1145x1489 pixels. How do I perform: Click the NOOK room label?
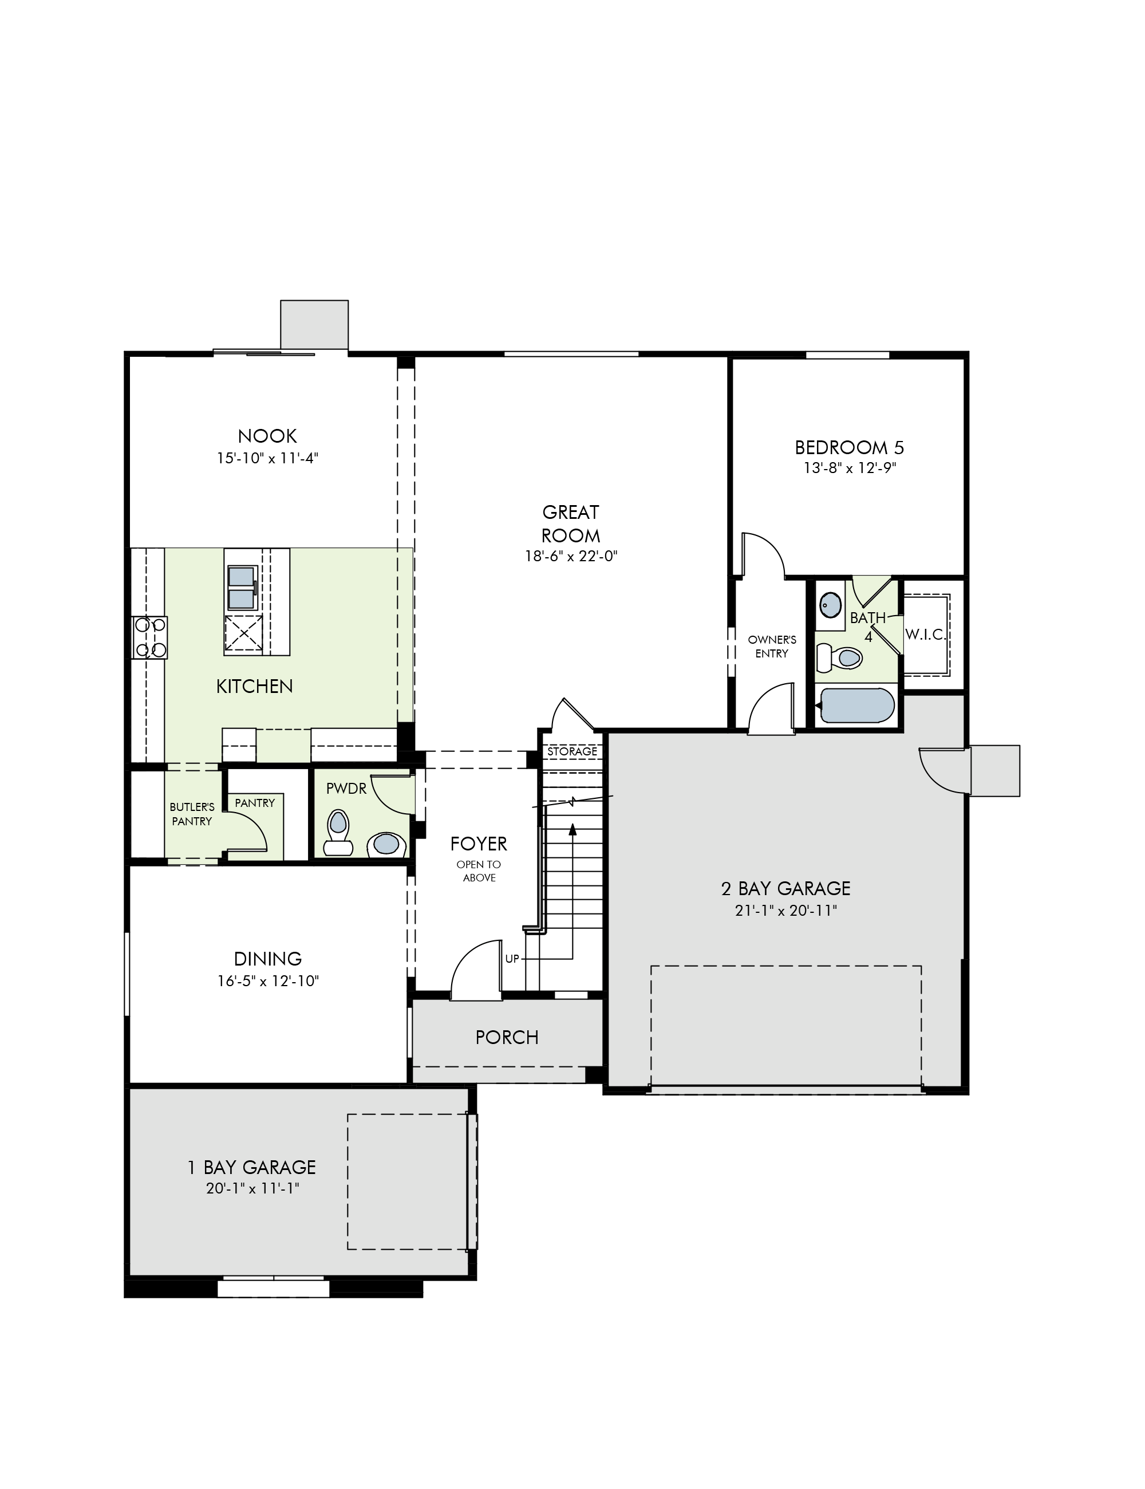point(267,436)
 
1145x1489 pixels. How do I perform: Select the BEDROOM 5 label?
point(849,448)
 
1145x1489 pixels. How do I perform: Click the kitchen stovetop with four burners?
point(150,637)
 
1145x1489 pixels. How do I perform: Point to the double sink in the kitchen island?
point(243,587)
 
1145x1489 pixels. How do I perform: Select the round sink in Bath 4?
point(830,604)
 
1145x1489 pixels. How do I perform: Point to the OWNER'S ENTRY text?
point(772,647)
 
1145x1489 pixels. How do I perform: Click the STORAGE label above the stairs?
point(572,751)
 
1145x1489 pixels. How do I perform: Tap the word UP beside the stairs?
point(512,959)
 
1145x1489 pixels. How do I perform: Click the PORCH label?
point(507,1038)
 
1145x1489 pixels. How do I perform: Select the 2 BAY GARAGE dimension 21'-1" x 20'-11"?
point(786,911)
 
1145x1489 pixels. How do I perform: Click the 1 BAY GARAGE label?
point(252,1168)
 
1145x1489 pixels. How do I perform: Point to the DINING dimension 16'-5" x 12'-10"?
point(268,981)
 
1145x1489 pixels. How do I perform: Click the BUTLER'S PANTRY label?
point(192,814)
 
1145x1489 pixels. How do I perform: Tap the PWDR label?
point(346,789)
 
